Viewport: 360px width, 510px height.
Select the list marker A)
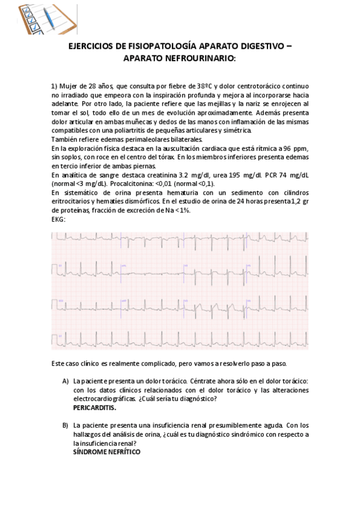point(65,381)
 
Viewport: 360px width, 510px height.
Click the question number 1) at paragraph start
point(54,86)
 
